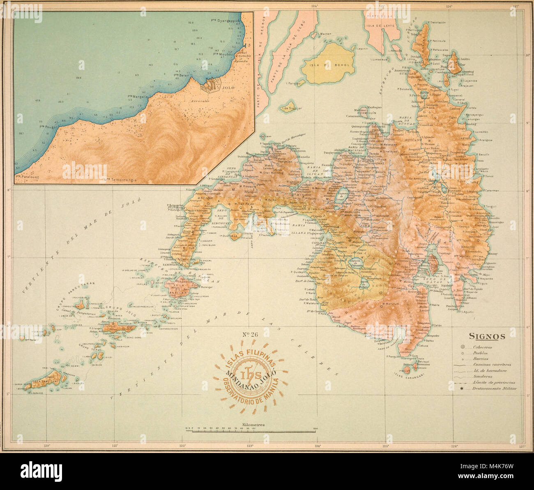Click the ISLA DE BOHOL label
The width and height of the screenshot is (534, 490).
[327, 65]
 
